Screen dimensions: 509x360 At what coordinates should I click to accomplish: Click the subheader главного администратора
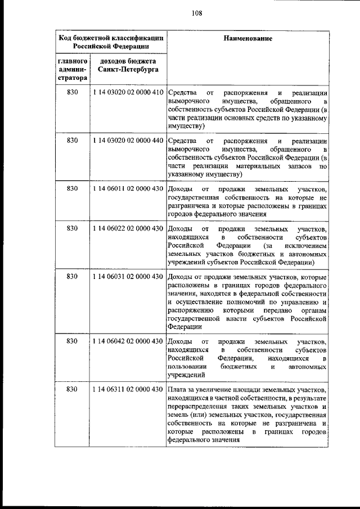click(71, 69)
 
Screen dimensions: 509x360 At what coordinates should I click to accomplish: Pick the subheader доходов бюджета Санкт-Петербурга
click(127, 65)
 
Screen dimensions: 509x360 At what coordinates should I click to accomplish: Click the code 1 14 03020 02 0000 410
click(127, 92)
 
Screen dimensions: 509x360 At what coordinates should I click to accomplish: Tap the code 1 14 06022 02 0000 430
click(127, 229)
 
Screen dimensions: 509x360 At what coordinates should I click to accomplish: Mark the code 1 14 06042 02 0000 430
click(127, 341)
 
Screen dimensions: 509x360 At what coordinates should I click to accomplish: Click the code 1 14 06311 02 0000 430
click(127, 389)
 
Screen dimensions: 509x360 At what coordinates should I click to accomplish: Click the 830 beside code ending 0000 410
click(72, 92)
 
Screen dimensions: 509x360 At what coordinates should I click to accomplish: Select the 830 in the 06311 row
click(72, 389)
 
